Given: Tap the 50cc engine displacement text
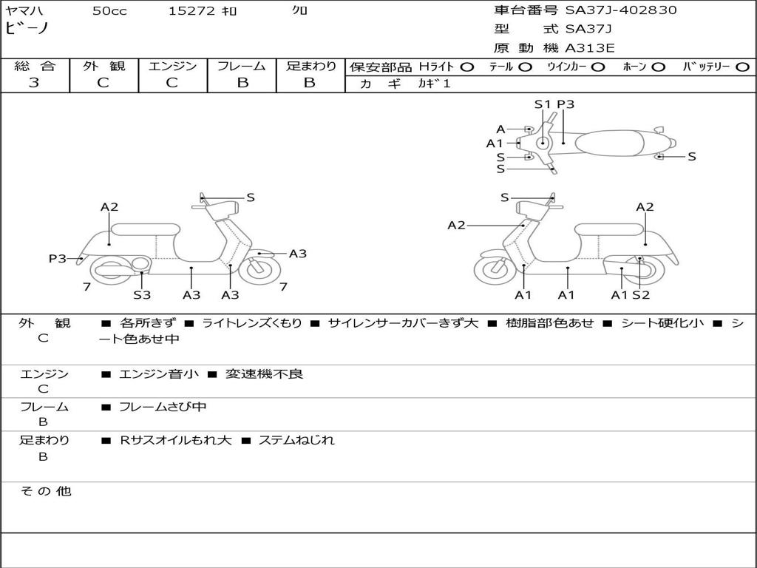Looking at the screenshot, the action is click(109, 11).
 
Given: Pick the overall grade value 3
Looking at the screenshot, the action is click(34, 83).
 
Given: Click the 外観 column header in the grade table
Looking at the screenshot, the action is click(103, 66).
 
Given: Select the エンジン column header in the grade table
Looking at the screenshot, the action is click(172, 66).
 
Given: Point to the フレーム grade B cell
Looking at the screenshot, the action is click(242, 83).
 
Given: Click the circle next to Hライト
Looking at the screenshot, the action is click(467, 67).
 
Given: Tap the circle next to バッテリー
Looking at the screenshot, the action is click(743, 67).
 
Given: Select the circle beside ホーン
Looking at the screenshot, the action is click(658, 67).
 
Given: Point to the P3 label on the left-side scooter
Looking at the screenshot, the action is click(58, 258).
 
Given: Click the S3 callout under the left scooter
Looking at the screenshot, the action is click(142, 294).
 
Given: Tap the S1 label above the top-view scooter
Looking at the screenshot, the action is click(543, 104).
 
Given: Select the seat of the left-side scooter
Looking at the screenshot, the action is click(146, 229).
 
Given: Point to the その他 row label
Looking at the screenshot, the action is click(44, 491).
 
